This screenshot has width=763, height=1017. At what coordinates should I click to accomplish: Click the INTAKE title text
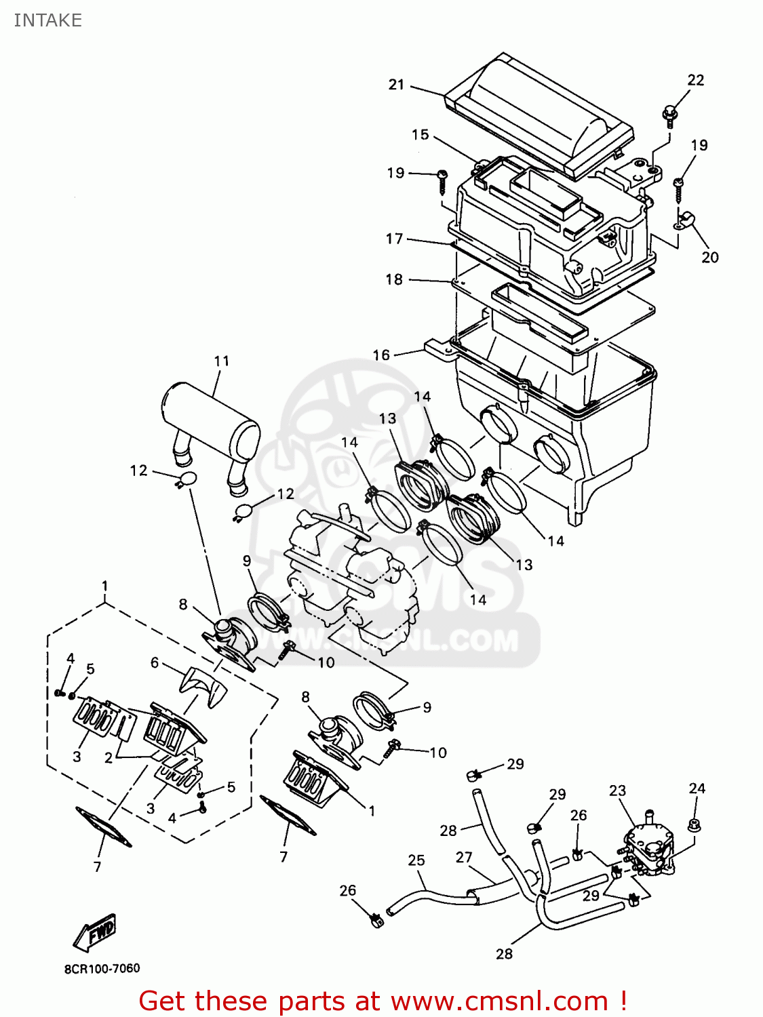pos(47,20)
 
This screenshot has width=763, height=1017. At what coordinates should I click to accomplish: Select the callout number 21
pos(396,85)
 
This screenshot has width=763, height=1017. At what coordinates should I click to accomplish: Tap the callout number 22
pos(696,80)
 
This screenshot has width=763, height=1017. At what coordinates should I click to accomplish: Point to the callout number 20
pos(710,257)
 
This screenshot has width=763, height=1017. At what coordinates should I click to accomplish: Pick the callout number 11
pos(222,361)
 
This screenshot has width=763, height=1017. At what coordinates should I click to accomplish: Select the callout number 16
pos(381,355)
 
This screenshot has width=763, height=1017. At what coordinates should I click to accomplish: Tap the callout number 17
pos(394,239)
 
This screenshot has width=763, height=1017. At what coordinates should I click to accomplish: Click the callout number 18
pos(394,279)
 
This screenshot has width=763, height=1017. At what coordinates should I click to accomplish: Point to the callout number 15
pos(420,134)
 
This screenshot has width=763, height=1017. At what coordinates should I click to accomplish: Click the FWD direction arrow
pos(95,933)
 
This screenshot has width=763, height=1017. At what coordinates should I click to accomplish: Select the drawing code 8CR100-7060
pos(102,968)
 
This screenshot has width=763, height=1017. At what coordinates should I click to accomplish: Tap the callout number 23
pos(617,791)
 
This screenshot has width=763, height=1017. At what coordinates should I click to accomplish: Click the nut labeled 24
pos(694,825)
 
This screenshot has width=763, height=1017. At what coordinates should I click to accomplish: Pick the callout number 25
pos(416,860)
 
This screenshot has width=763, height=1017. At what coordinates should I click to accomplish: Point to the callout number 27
pos(464,857)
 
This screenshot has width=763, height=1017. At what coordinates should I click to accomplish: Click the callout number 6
pos(155,662)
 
